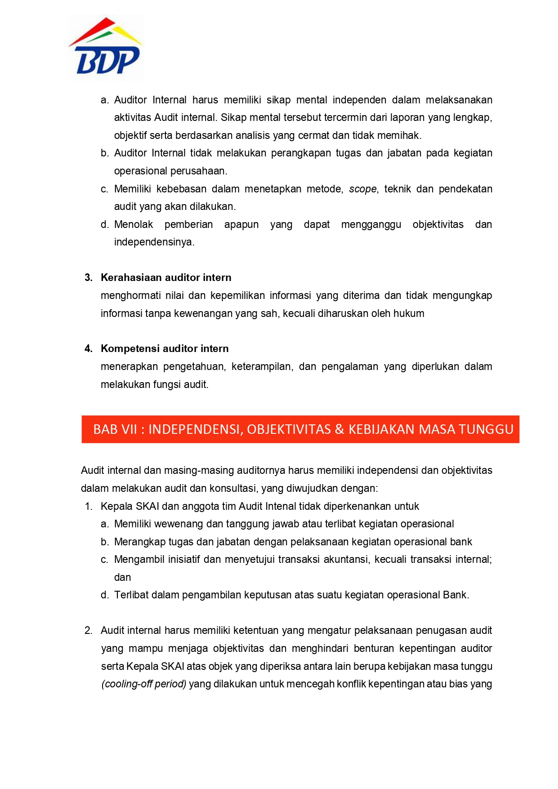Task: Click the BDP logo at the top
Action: [106, 47]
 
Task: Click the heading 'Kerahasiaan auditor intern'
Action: [166, 277]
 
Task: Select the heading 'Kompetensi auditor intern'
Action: [165, 348]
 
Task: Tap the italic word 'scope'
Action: [362, 189]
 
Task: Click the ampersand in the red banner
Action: [339, 429]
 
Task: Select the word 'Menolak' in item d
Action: [134, 224]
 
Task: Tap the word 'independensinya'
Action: [153, 242]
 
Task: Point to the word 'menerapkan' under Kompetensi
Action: [129, 366]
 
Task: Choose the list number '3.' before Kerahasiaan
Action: [89, 277]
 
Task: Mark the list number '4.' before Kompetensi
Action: [89, 348]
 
